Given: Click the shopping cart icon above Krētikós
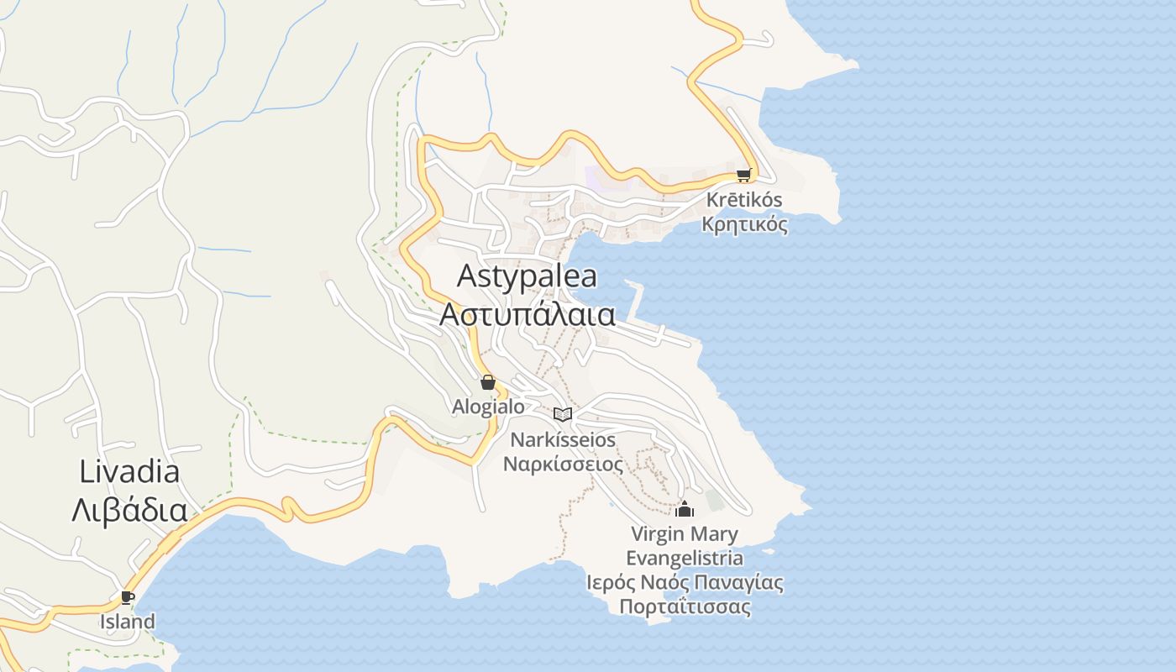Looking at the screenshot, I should [x=743, y=176].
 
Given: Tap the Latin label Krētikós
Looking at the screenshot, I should [x=744, y=201].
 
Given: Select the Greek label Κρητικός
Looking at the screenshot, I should [x=744, y=224].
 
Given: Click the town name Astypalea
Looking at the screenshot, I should [x=527, y=276].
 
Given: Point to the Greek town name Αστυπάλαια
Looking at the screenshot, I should [x=528, y=314].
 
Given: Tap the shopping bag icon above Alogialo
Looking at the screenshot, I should [x=488, y=383].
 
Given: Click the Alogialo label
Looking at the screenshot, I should [x=488, y=407].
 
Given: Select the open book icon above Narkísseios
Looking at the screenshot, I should [x=563, y=414].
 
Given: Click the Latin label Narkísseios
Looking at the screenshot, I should [x=563, y=439].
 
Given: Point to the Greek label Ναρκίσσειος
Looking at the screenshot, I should [x=563, y=464].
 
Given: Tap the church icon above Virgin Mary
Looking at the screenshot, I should [x=685, y=509].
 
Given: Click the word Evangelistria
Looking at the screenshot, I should [x=685, y=558].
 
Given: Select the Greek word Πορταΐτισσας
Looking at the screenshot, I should [x=685, y=606].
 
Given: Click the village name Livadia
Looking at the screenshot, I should [x=129, y=471].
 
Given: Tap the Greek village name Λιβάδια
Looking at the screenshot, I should [x=129, y=510].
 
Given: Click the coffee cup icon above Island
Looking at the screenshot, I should [x=127, y=598].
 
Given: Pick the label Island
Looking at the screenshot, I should [x=128, y=622].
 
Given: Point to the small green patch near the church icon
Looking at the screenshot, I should [x=715, y=500].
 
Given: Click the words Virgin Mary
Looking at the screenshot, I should [x=685, y=533].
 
